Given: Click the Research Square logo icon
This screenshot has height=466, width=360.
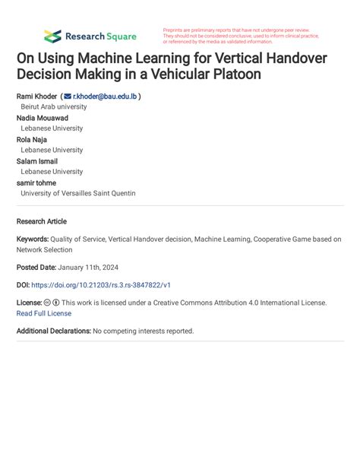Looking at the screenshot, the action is coord(52,36).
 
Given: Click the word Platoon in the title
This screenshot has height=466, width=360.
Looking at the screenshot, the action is coord(234,74).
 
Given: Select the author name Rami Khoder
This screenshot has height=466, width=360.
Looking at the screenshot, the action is coord(36,97).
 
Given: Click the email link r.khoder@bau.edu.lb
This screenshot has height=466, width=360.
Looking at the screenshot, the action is coord(104,97).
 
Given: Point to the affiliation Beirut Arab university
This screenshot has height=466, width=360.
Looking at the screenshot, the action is coord(53,107).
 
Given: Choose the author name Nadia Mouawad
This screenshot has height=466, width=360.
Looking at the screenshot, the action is coord(43,118).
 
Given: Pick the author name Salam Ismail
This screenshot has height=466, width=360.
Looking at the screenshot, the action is coord(37,161).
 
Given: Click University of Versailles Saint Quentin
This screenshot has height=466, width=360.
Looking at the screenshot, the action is coord(78,193).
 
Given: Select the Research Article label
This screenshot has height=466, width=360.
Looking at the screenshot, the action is coord(42,221).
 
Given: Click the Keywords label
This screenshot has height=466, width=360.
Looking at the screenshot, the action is coord(32,239).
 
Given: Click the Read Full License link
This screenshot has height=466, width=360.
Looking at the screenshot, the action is coord(44,312).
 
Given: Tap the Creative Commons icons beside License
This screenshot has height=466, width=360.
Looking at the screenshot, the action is coord(52,302).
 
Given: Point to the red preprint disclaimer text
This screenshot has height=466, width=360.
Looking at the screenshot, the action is coord(239,36).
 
